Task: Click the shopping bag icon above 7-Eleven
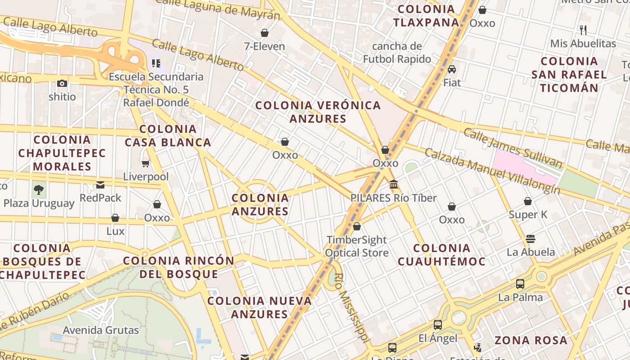pyautogui.click(x=265, y=33)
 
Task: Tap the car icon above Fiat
pyautogui.click(x=452, y=69)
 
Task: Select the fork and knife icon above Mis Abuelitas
pyautogui.click(x=583, y=30)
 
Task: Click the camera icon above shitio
pyautogui.click(x=62, y=83)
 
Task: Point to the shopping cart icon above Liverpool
pyautogui.click(x=145, y=163)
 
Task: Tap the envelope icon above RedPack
pyautogui.click(x=100, y=184)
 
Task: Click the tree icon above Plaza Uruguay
pyautogui.click(x=39, y=189)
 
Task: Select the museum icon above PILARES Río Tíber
pyautogui.click(x=394, y=184)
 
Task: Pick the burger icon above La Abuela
pyautogui.click(x=531, y=238)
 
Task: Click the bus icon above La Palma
pyautogui.click(x=520, y=284)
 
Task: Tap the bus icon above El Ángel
pyautogui.click(x=438, y=325)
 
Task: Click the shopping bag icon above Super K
pyautogui.click(x=528, y=201)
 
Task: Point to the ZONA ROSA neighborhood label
pyautogui.click(x=531, y=340)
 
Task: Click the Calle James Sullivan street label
pyautogui.click(x=513, y=148)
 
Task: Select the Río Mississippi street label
pyautogui.click(x=351, y=306)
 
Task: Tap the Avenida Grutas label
pyautogui.click(x=101, y=330)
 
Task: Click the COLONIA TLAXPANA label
pyautogui.click(x=426, y=16)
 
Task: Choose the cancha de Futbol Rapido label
pyautogui.click(x=397, y=53)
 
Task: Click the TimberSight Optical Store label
pyautogui.click(x=357, y=246)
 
